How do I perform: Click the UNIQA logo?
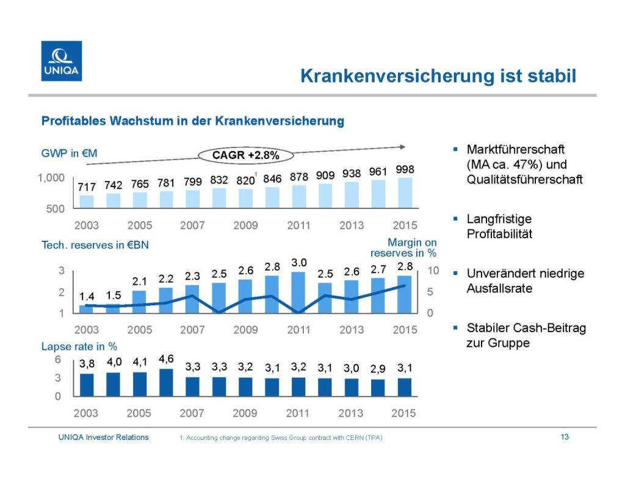[61, 60]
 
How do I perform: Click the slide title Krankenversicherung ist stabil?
[438, 76]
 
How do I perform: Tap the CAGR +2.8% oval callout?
[245, 155]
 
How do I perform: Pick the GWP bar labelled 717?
[87, 202]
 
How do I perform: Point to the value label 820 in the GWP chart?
[245, 180]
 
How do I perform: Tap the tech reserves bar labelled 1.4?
[87, 309]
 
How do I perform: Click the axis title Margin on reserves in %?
[403, 247]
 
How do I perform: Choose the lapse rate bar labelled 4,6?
[166, 382]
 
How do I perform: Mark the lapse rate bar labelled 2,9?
[378, 388]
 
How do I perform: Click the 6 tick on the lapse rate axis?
[58, 360]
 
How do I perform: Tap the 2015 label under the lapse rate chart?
[404, 413]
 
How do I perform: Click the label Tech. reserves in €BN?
[95, 245]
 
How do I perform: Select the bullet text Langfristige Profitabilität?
[498, 226]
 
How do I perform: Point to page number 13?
[565, 437]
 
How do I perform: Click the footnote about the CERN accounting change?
[281, 438]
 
